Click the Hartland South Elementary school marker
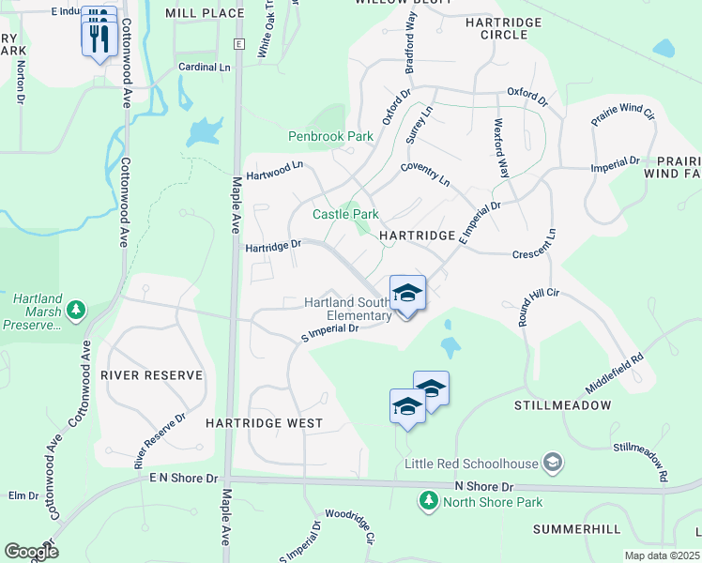coord(407,294)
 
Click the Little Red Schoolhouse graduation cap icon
coord(554,463)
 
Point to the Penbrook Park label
coord(330,136)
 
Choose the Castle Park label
coord(339,215)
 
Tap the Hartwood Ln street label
coord(276,170)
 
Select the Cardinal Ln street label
coord(205,68)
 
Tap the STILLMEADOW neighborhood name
coord(563,405)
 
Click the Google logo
coord(31,552)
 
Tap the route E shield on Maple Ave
coord(239,44)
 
